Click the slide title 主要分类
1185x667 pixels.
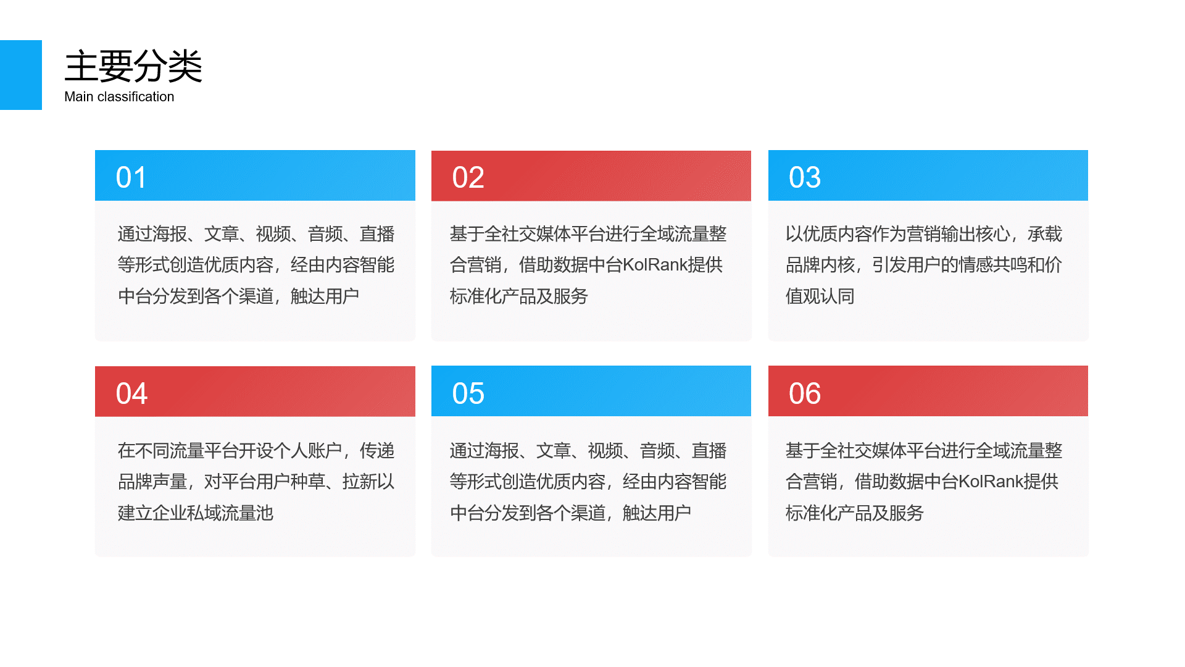coord(133,66)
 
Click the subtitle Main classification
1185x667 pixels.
coord(119,97)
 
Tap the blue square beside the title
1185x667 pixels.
coord(21,75)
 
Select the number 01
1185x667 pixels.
coord(131,177)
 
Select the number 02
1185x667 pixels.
coord(468,177)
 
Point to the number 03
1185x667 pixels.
coord(805,177)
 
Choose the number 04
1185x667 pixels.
coord(131,393)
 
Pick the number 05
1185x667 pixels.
coord(468,393)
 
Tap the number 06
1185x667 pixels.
coord(805,393)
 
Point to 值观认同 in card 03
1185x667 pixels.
coord(820,296)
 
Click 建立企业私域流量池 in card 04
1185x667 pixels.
coord(196,513)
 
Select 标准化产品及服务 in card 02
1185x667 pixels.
coord(518,296)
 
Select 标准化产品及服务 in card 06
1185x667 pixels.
coord(854,513)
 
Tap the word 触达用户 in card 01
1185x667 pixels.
coord(325,296)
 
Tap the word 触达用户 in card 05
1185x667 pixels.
coord(657,513)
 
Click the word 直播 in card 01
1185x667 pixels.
coord(377,234)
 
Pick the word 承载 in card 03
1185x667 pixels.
coord(1045,234)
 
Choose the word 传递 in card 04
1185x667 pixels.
coord(377,451)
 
